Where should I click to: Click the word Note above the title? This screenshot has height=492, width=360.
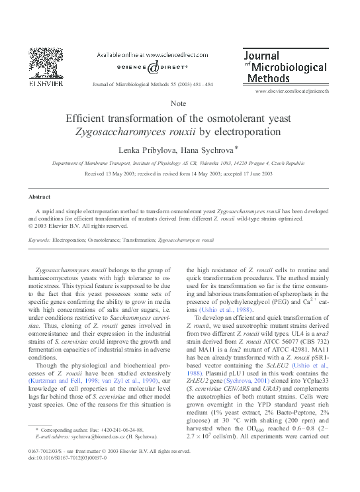tap(178, 104)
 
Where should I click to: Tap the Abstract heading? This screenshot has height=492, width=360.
tap(39, 197)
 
